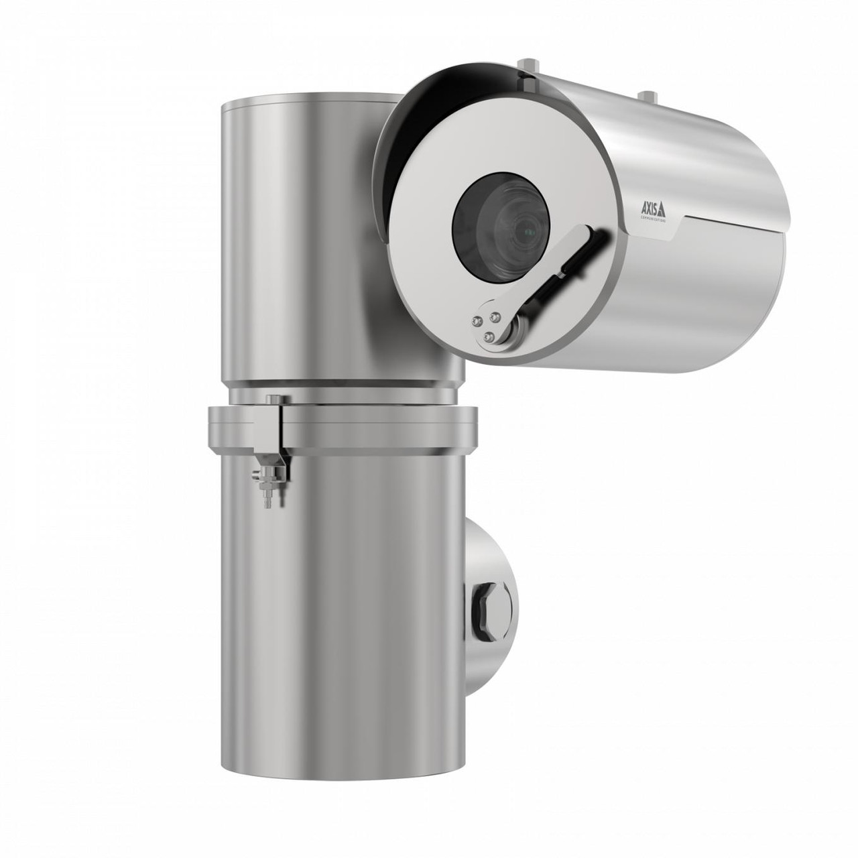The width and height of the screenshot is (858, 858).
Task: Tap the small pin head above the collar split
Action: (272, 401)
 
